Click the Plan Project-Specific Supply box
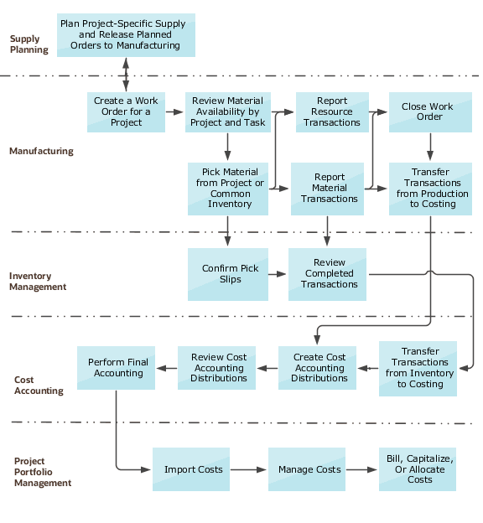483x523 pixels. pos(126,35)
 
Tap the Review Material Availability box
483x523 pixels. pos(227,112)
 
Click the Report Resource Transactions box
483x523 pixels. pos(332,112)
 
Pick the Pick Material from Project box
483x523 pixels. pos(227,189)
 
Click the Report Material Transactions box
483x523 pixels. pos(330,189)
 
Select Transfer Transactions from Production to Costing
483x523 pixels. pos(431,189)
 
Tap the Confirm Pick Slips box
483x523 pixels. pos(227,274)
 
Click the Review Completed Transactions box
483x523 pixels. pos(329,274)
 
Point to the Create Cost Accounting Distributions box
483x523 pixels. pos(319,368)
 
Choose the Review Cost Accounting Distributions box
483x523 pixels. pos(218,368)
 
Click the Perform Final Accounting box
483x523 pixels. pos(117,368)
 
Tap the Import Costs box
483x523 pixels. pos(193,469)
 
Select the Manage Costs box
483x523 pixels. pos(309,469)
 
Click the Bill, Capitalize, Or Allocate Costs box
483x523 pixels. pos(420,469)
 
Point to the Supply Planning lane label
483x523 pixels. pos(29,44)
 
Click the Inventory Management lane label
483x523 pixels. pos(37,281)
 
